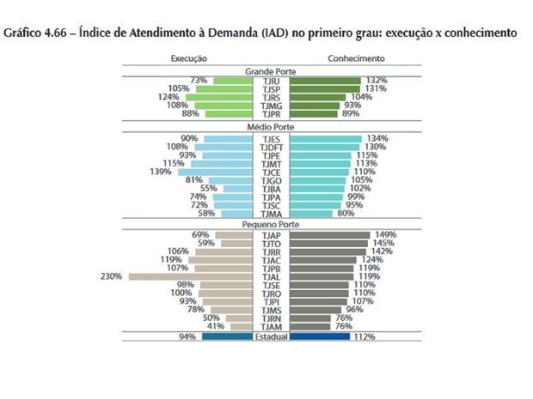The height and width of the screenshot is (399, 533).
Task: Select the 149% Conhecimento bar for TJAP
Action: point(330,234)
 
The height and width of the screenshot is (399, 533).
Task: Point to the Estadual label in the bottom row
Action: point(270,337)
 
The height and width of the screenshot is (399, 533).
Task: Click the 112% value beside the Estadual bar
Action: point(365,337)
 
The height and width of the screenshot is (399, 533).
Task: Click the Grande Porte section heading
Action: point(270,70)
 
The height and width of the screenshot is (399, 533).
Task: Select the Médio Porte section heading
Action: point(270,127)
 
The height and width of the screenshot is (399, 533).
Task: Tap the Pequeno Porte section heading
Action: point(270,224)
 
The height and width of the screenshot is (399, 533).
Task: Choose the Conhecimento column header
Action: point(355,58)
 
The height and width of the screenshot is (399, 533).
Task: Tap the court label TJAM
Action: point(270,326)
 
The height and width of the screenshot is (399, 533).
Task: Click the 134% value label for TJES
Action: point(377,138)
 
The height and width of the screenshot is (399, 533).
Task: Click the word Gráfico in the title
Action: point(26,33)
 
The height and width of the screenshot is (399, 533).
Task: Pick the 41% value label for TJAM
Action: point(215,326)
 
